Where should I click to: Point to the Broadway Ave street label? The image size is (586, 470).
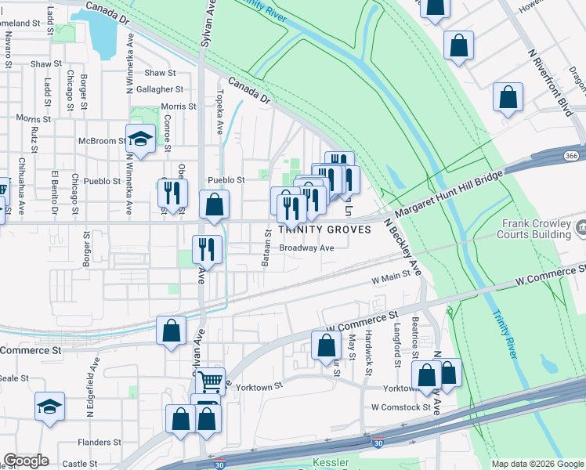[307, 248]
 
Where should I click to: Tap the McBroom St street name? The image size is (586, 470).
[101, 141]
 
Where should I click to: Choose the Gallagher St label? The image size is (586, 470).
[160, 89]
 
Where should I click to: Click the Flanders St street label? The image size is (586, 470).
[99, 443]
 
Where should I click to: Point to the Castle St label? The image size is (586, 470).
[80, 464]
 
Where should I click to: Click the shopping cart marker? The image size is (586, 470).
[210, 381]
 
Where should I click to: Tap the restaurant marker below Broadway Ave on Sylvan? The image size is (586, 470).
[208, 250]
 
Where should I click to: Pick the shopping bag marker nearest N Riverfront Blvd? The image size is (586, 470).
[508, 99]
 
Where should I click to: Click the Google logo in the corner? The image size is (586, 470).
[26, 461]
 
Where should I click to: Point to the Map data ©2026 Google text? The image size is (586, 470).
[537, 464]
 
